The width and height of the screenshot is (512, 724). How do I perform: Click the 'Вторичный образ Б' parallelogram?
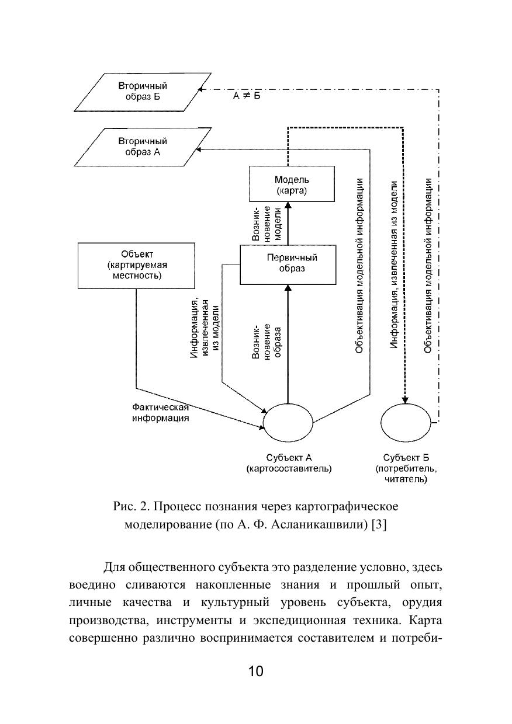pos(143,91)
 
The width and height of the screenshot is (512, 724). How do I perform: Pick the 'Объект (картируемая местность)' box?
pos(137,265)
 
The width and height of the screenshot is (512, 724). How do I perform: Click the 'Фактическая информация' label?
pos(160,413)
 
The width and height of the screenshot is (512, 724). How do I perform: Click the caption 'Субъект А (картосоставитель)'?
pos(289,462)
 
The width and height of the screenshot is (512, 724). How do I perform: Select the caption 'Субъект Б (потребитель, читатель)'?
pos(406,468)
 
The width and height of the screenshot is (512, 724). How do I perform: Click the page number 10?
pos(256,671)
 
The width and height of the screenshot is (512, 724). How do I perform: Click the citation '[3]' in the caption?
pos(379,524)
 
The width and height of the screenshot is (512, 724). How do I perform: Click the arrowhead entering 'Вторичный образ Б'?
pos(200,89)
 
